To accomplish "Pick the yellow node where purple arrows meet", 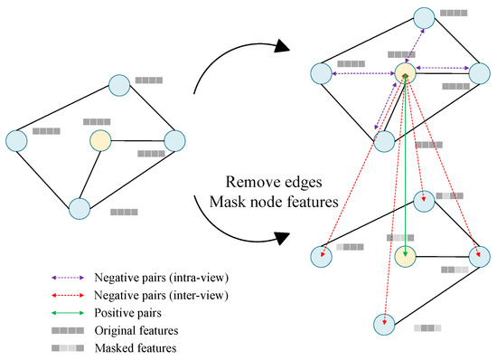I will coord(405,74).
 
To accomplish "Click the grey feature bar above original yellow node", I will coord(96,122).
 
